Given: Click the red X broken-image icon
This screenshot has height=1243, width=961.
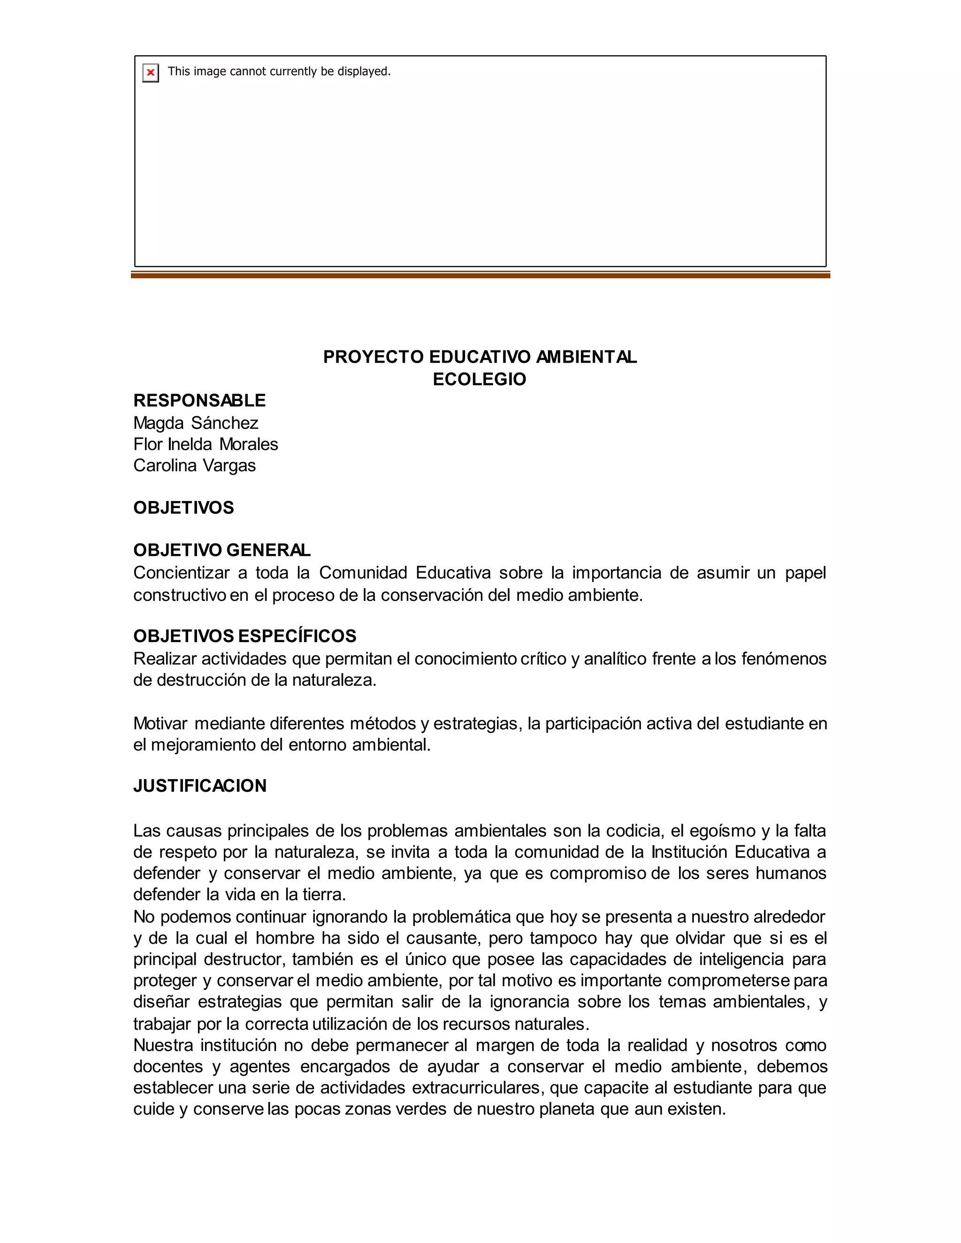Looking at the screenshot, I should pos(150,72).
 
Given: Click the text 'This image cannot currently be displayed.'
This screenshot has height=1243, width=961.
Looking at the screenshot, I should pos(279,71).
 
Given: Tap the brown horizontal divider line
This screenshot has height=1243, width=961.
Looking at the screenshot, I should pos(480,275).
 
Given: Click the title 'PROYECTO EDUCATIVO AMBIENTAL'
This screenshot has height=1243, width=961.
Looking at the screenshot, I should pos(480,357).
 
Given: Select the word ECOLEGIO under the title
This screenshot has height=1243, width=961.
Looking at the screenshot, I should pos(480,379).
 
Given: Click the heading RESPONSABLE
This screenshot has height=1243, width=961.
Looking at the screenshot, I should pos(199,401).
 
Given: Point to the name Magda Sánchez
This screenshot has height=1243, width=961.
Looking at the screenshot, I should pos(196,423).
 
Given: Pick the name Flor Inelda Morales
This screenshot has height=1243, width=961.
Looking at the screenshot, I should pos(206,444).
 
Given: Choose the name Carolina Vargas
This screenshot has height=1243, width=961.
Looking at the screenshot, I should pos(195,466).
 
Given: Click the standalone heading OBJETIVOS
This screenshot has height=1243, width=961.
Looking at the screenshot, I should pos(183,508).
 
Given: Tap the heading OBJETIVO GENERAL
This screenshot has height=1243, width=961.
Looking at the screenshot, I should pos(222,550).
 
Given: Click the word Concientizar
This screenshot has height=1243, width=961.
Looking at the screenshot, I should pos(181,573).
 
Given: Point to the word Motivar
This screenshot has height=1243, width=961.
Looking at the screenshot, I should pos(160,723).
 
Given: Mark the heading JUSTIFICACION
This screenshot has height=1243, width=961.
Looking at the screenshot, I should pos(200,786).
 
